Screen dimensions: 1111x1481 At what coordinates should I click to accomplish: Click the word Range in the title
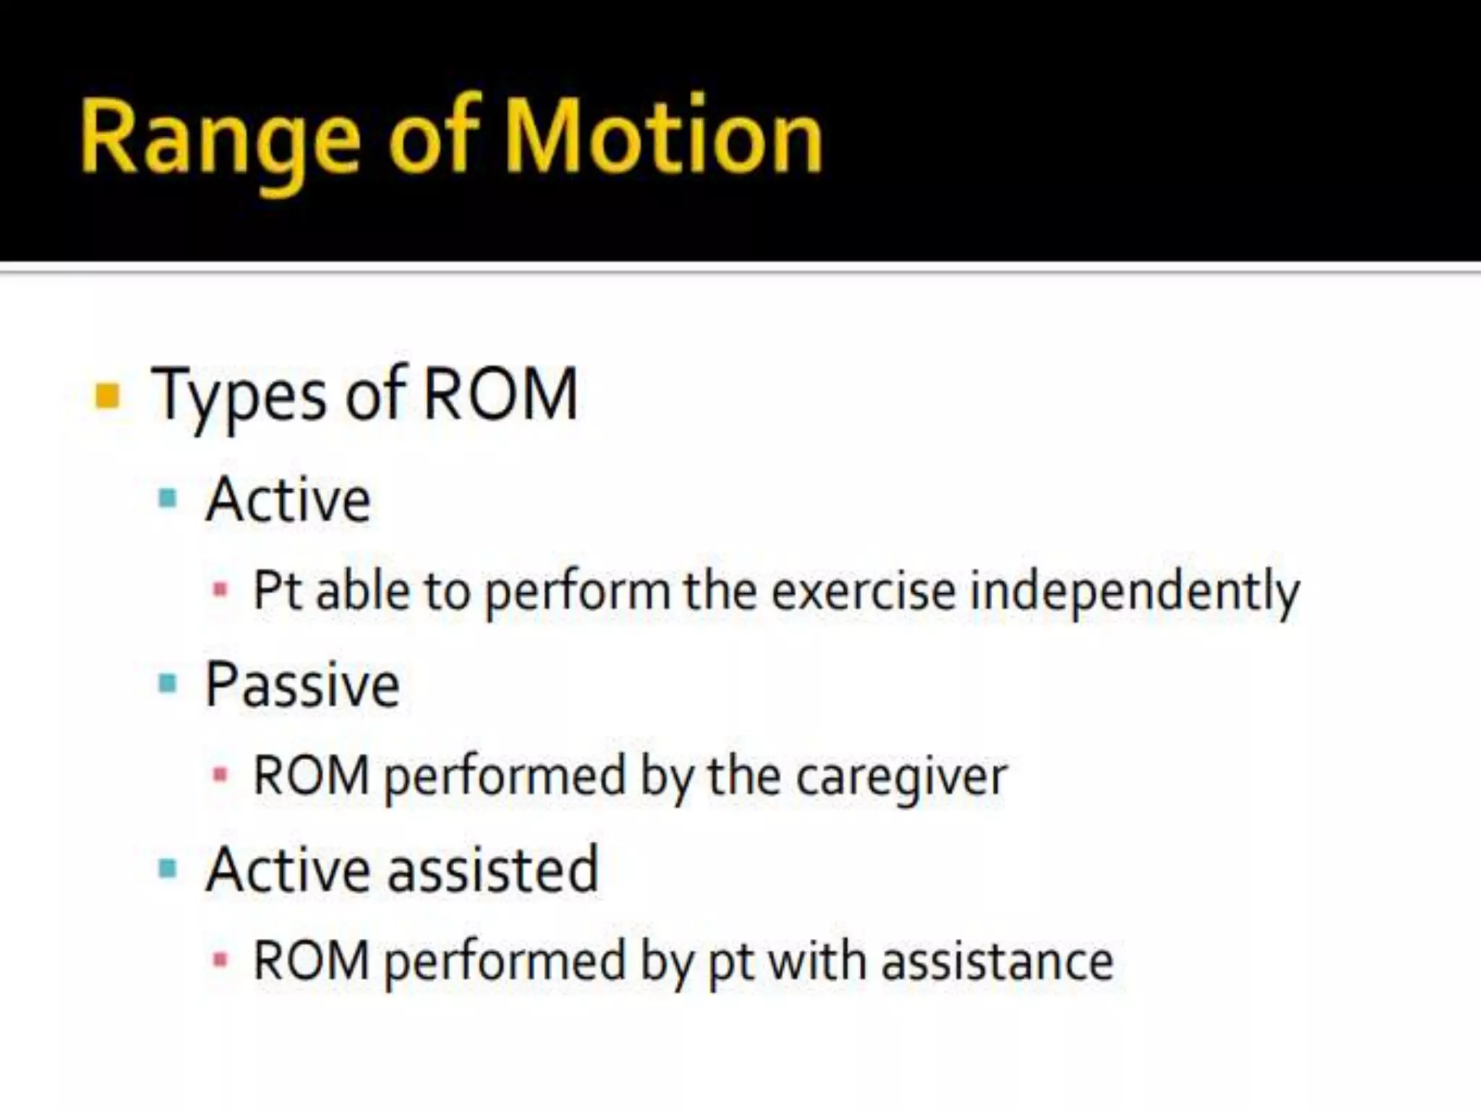[221, 137]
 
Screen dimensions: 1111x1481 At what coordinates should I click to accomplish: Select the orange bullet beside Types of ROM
[107, 396]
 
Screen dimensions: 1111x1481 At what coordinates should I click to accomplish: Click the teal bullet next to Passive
[168, 683]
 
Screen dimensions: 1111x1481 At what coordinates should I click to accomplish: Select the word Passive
[302, 685]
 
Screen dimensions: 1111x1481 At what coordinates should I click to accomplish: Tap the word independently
[1134, 592]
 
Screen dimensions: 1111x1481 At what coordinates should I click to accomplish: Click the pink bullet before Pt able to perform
[221, 589]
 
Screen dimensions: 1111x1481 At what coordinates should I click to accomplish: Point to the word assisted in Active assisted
[493, 869]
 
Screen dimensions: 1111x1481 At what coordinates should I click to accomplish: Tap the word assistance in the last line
[997, 962]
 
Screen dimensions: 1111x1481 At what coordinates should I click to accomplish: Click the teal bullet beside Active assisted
[168, 868]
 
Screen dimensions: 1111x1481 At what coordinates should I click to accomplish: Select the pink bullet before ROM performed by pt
[221, 961]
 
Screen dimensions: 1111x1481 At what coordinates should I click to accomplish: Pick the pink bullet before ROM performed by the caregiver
[221, 775]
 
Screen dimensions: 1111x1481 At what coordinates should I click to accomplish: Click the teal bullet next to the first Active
[168, 498]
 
